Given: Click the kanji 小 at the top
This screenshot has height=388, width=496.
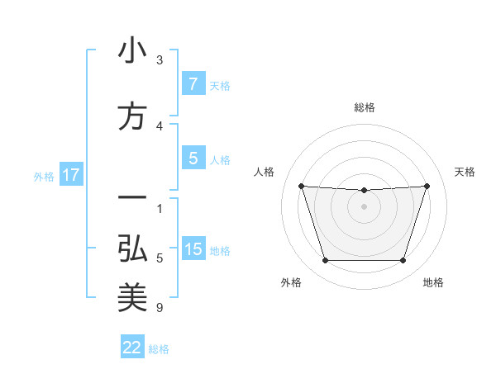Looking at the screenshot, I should coord(132,51).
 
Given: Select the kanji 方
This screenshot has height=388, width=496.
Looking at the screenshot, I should coord(132,116).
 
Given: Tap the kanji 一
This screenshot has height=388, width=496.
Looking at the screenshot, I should coord(132,199).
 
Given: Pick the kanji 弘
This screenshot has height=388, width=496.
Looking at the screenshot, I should coord(132,248).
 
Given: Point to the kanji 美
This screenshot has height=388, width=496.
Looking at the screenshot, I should coord(132,298).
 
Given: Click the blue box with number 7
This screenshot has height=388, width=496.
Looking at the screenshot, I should coord(193,84).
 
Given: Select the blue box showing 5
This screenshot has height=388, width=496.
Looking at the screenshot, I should coord(193,159).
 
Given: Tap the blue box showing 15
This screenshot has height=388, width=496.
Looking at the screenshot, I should coord(193,250).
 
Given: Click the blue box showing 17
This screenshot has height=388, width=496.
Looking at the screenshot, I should coord(70,175).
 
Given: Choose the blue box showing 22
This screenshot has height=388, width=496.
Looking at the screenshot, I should coord(132,348).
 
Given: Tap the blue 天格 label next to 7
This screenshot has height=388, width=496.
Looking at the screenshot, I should coord(219,85).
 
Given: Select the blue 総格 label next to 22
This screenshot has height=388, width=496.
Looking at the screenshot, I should coord(159,348).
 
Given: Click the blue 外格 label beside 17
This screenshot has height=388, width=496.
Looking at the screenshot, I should coord(43,176).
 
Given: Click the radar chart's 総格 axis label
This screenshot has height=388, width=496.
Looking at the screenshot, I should coord(365,107).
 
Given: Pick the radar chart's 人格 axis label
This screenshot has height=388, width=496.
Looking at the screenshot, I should coord(265,172).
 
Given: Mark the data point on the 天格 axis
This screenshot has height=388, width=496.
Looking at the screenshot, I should coord(427,186).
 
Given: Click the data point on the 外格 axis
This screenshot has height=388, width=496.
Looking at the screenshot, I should coord(325,261).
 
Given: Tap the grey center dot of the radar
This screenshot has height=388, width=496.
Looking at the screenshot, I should coord(364,206).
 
